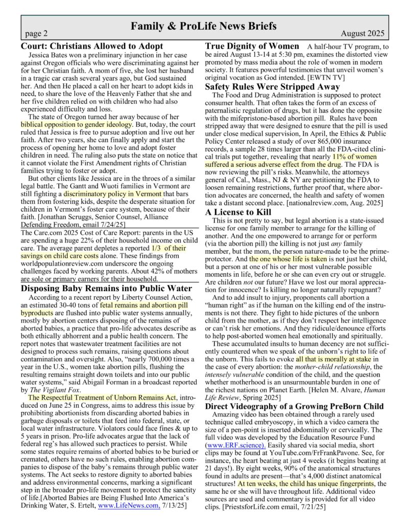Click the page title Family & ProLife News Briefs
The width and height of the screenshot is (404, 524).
203,26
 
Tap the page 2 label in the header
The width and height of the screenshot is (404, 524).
36,34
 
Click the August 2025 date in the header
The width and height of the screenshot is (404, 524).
363,34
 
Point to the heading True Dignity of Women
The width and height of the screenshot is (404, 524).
252,46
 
